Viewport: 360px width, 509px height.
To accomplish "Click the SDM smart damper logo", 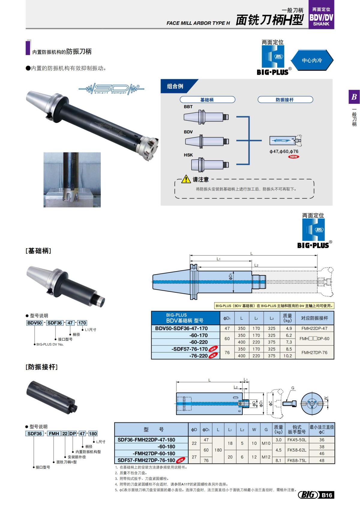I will [111, 89].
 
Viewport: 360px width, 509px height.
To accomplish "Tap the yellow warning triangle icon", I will [186, 179].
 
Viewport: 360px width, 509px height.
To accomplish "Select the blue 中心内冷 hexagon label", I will [312, 60].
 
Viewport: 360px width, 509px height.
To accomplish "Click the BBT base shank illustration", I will [206, 116].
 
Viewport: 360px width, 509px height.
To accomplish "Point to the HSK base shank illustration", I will [210, 164].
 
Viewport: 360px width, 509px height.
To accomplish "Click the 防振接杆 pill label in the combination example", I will [285, 100].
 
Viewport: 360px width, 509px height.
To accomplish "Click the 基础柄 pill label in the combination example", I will [207, 100].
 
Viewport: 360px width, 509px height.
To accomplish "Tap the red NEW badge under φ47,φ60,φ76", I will [293, 157].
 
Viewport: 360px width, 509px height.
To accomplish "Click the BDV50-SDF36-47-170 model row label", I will [181, 328].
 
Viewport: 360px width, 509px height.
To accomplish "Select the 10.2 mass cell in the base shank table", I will [287, 356].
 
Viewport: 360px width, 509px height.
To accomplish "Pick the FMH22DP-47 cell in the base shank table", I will [314, 328].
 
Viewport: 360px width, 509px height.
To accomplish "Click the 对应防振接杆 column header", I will [314, 318].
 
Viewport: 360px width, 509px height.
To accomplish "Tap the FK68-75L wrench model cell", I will [296, 460].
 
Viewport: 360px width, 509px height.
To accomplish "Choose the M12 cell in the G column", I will [266, 457].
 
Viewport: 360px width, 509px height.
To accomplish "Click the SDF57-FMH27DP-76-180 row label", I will [146, 460].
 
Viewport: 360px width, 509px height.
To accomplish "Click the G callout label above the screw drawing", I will [293, 388].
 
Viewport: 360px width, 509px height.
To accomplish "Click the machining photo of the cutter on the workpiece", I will [72, 180].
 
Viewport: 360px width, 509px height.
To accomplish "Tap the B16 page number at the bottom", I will [327, 495].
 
